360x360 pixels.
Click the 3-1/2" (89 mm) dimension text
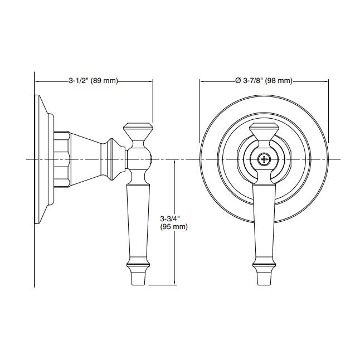coord(93,81)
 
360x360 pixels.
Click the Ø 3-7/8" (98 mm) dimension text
coord(264,81)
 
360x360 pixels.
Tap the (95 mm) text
coord(174,227)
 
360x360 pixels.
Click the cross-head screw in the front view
coord(264,159)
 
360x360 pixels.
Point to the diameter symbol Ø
coord(238,81)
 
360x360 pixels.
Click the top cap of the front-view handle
coord(264,133)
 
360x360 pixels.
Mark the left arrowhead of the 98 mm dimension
coord(202,81)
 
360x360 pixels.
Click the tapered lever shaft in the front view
coord(264,223)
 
